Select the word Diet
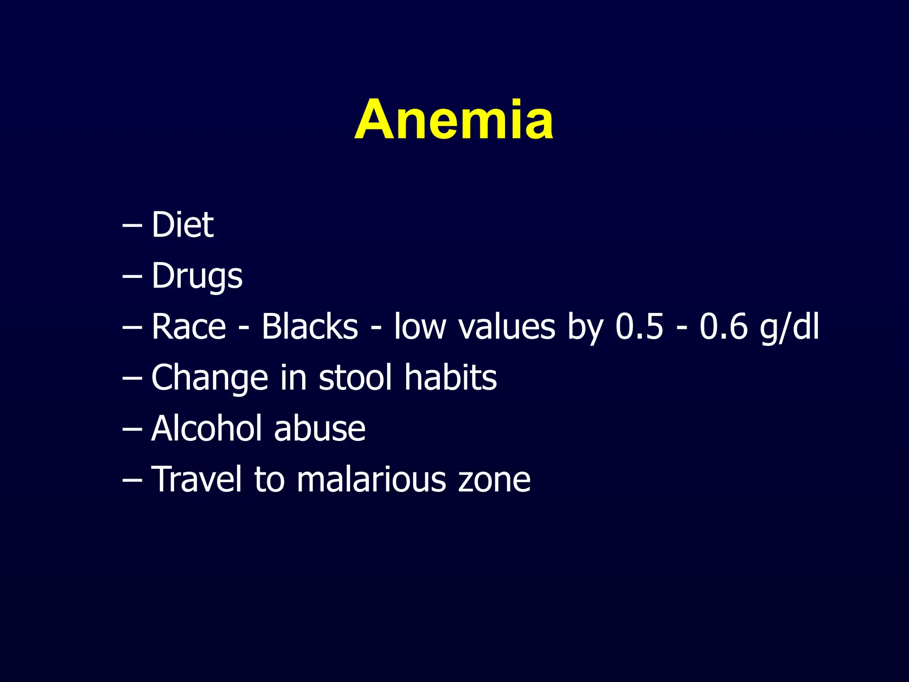pos(182,225)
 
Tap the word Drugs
pos(197,276)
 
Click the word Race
pos(189,327)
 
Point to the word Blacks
pos(309,327)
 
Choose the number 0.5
pos(639,327)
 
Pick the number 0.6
pos(723,327)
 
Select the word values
pos(506,327)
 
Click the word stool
pos(356,378)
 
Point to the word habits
pos(451,378)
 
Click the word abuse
pos(320,428)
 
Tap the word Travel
pos(197,480)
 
